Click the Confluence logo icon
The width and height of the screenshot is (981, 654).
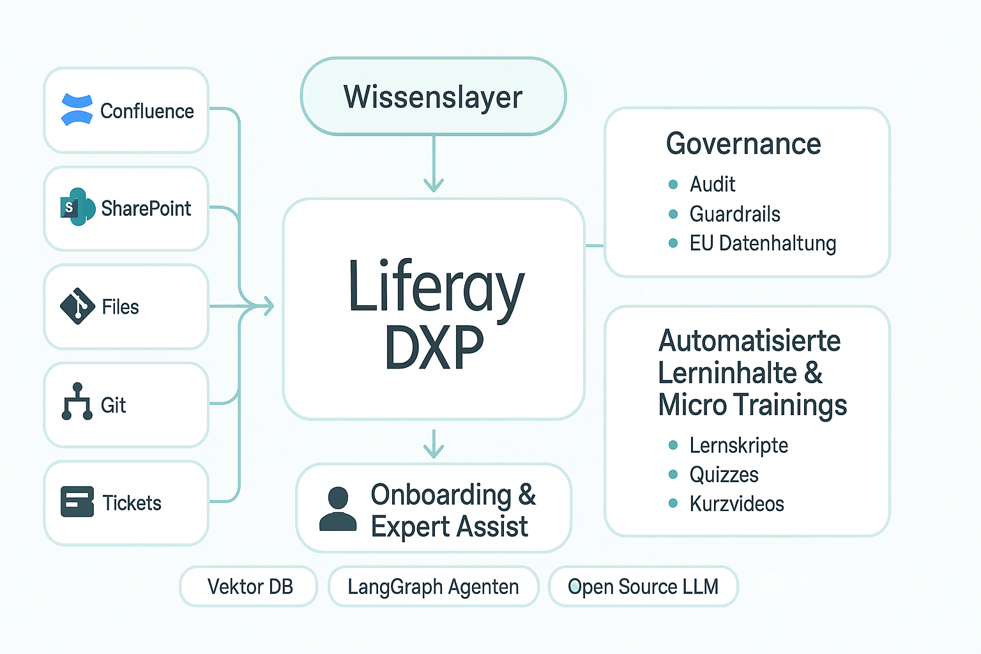pos(77,110)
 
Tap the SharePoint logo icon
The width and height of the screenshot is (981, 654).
pos(77,207)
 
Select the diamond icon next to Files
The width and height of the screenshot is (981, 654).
pos(77,306)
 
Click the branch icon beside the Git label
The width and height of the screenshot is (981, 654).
pos(77,402)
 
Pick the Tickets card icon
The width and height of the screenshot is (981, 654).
pos(77,501)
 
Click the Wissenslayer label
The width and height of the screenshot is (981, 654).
pos(433,97)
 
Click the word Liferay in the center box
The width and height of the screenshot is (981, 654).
pos(436,287)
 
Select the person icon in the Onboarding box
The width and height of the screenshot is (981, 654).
pos(338,509)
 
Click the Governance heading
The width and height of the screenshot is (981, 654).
pos(743,144)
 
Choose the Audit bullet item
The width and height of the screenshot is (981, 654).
pos(712,185)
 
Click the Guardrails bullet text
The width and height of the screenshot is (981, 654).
pos(734,214)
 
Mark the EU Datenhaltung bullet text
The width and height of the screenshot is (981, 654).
pos(763,243)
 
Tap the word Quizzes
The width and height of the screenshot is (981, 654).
pos(724,475)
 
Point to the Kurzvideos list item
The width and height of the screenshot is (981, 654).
pos(736,504)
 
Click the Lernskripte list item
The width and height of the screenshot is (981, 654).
pos(738,445)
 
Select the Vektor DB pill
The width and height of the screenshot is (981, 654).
pos(249,586)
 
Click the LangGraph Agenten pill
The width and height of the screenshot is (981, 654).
pos(433,586)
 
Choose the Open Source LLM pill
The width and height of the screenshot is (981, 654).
pos(643,586)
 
